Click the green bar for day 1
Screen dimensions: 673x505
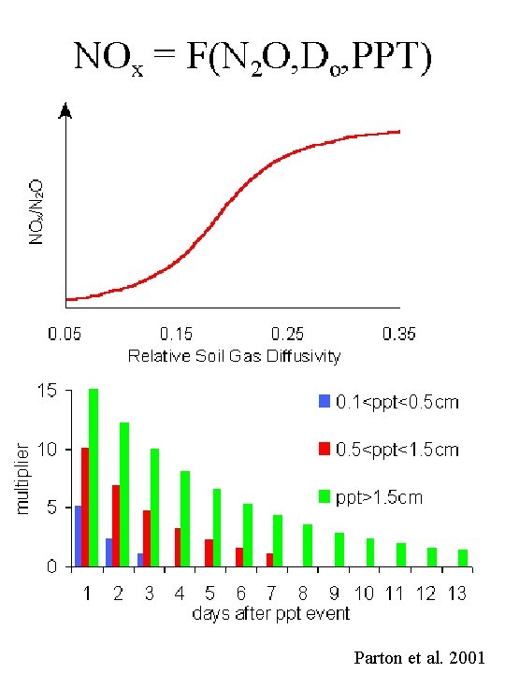point(94,477)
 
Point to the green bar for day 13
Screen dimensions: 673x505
point(463,557)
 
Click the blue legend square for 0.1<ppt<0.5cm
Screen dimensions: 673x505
point(325,401)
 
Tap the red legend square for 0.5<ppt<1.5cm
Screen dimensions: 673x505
point(325,450)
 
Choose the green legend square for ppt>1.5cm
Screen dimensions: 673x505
point(325,497)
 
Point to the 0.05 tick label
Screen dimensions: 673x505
point(64,334)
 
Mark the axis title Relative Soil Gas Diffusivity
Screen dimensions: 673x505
point(234,355)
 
